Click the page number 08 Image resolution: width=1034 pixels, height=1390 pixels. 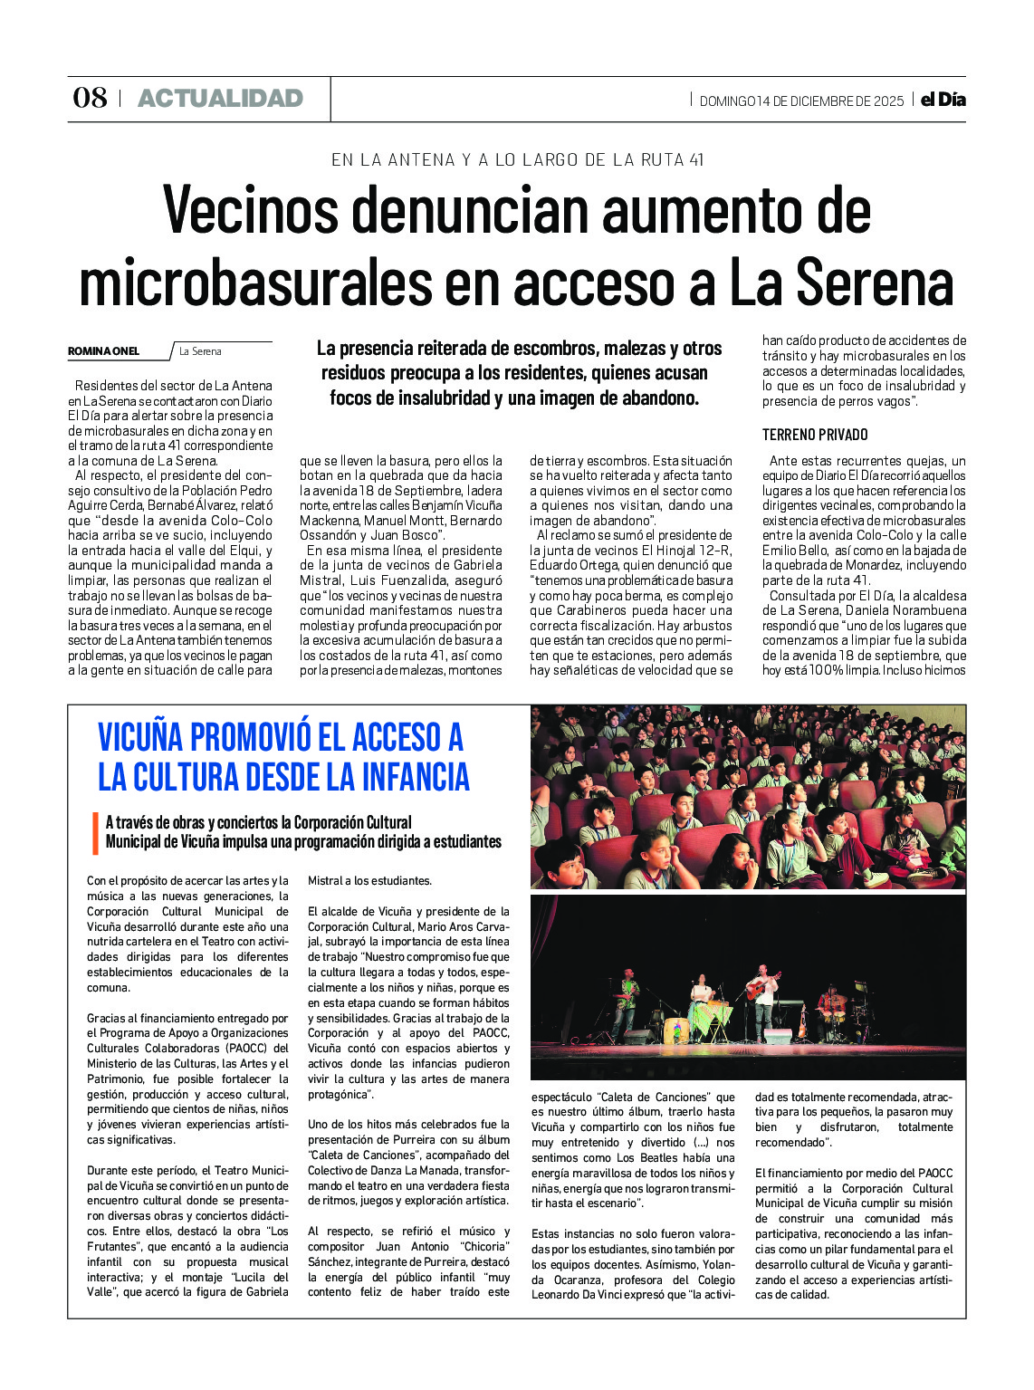[90, 98]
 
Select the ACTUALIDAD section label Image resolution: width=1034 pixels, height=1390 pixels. [220, 98]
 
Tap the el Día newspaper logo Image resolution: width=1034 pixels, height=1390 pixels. [943, 100]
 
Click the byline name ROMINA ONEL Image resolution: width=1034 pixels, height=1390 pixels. [104, 351]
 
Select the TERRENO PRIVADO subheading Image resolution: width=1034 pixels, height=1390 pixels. [815, 435]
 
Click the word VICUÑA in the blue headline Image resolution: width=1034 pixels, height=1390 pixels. [158, 738]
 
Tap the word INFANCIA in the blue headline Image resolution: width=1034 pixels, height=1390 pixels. [416, 777]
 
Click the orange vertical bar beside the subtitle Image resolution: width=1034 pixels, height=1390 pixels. [95, 832]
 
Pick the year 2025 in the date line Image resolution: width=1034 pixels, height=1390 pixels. [888, 101]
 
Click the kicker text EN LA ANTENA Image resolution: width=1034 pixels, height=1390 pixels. [394, 160]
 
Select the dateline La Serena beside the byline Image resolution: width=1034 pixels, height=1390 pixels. [200, 351]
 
